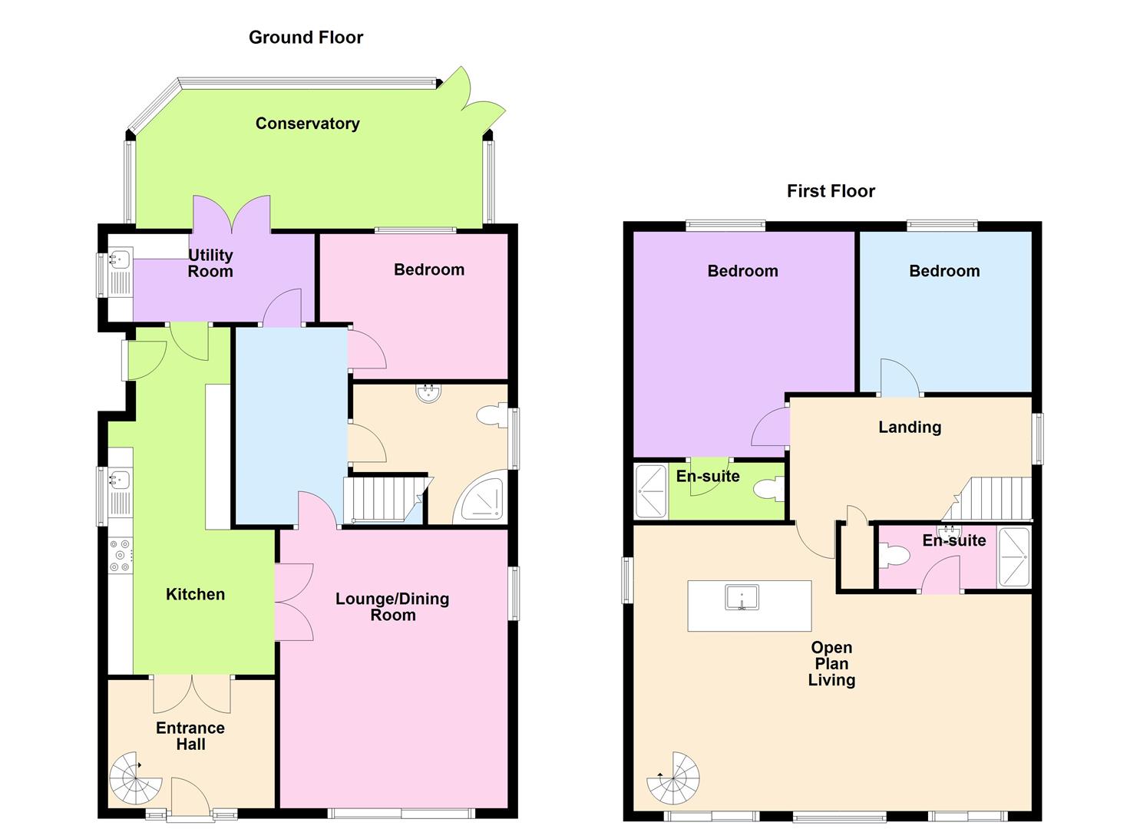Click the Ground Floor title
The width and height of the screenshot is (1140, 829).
pos(306,37)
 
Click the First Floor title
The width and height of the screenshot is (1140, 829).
pos(831,191)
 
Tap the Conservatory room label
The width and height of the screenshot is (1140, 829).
pos(307,124)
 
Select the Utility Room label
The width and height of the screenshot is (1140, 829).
pos(210,263)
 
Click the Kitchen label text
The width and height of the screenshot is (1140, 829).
pos(196,594)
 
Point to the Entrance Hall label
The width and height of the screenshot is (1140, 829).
pos(190,735)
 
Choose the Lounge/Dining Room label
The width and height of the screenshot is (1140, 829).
pos(392,606)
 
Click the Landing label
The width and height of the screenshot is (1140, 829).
pos(910,427)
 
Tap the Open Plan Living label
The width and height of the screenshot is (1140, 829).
pos(831,663)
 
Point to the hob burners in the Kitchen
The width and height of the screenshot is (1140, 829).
pos(121,556)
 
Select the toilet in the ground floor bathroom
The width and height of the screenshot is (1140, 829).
pos(491,416)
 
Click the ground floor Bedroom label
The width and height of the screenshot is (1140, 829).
pos(429,269)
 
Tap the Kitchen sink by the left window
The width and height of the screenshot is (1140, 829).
pos(120,481)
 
